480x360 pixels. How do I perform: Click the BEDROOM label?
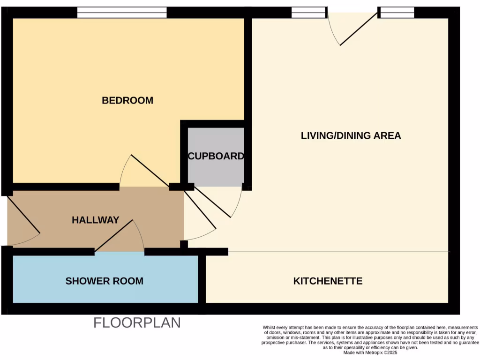(x=127, y=100)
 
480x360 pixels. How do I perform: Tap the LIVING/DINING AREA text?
(x=351, y=135)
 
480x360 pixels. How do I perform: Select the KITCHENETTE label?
(x=328, y=281)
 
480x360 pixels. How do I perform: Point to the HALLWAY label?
(x=95, y=220)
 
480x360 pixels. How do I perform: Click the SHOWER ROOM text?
(x=104, y=281)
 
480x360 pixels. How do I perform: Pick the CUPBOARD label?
(x=216, y=156)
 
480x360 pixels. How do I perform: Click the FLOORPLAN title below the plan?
(x=137, y=323)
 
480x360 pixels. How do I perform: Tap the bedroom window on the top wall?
(x=122, y=13)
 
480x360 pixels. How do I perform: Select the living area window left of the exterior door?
(x=308, y=13)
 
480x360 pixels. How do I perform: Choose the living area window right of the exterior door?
(x=397, y=13)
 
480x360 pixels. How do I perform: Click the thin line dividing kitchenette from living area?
(x=337, y=252)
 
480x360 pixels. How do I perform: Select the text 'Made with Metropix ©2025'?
(x=370, y=352)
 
